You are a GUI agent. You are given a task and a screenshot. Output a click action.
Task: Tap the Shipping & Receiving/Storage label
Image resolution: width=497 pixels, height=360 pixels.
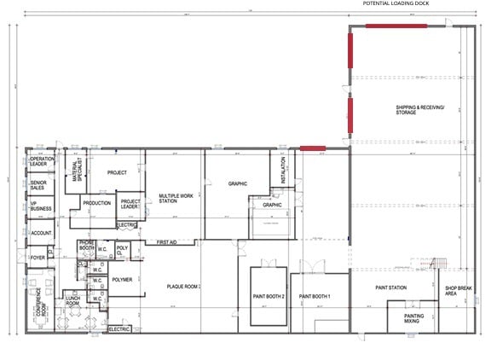(419, 110)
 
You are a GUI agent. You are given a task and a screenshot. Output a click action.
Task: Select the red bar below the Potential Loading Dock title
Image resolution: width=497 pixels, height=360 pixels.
(396, 26)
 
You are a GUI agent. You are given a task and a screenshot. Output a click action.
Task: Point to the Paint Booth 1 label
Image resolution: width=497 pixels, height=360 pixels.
(315, 297)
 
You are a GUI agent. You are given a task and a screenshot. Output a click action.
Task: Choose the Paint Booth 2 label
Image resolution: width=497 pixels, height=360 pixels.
(267, 297)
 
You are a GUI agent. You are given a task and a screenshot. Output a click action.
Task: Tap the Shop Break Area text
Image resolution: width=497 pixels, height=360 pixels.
(458, 290)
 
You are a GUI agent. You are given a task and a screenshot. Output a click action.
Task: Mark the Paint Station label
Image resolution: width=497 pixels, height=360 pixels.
(391, 287)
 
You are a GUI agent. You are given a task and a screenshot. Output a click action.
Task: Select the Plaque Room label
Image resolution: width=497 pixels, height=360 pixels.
(182, 287)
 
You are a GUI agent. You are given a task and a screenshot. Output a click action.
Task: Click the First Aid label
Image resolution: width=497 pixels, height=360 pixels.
(168, 243)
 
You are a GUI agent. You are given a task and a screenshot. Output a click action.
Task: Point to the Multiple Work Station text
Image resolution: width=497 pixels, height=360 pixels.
(175, 200)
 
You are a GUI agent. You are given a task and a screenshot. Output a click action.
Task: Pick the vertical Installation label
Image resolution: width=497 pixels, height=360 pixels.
(283, 169)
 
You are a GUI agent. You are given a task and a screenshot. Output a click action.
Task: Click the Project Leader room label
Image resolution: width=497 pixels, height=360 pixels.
(130, 204)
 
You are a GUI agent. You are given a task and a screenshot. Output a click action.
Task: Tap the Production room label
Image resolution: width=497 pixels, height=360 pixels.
(96, 203)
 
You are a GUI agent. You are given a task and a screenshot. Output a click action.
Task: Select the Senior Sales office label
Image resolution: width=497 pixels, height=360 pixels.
(39, 185)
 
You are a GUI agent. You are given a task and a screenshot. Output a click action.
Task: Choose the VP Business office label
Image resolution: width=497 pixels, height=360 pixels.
(39, 207)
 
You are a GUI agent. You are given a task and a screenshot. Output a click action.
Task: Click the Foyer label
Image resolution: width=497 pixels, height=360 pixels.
(38, 257)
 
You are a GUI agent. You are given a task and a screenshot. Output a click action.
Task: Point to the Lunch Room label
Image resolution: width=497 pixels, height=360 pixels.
(72, 300)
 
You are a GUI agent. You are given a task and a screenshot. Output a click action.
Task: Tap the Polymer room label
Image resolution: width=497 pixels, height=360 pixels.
(122, 279)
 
